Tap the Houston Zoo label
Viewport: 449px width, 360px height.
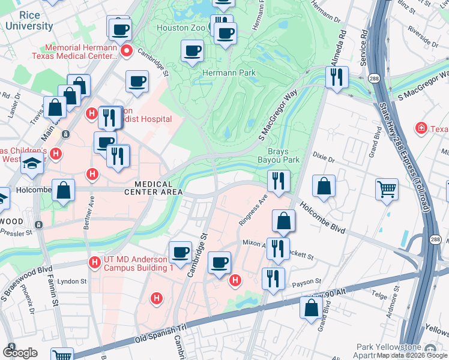click(x=180, y=28)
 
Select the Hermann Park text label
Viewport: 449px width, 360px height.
click(x=229, y=73)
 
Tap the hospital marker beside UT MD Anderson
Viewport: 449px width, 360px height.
click(x=94, y=262)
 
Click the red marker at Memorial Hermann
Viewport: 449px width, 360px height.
click(x=127, y=52)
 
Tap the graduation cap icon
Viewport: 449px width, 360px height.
click(x=32, y=163)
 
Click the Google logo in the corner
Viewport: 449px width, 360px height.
click(x=20, y=353)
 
